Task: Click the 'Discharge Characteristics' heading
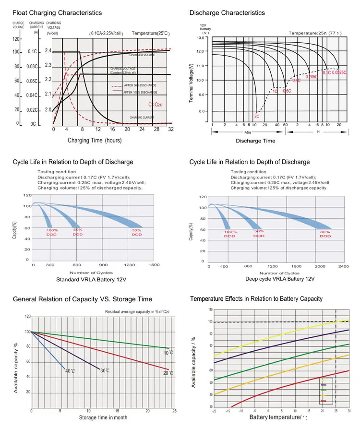click(227, 12)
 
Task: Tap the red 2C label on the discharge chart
click(257, 117)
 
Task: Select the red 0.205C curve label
click(312, 77)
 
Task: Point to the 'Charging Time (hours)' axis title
click(94, 140)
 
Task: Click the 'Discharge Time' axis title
click(255, 141)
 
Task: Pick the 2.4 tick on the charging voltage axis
click(48, 51)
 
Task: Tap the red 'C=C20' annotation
click(156, 104)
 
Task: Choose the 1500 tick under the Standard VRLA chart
click(154, 265)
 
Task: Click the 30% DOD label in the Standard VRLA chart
click(137, 233)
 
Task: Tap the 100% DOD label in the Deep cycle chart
click(230, 234)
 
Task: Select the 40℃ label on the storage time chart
click(70, 371)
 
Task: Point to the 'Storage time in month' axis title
click(103, 418)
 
